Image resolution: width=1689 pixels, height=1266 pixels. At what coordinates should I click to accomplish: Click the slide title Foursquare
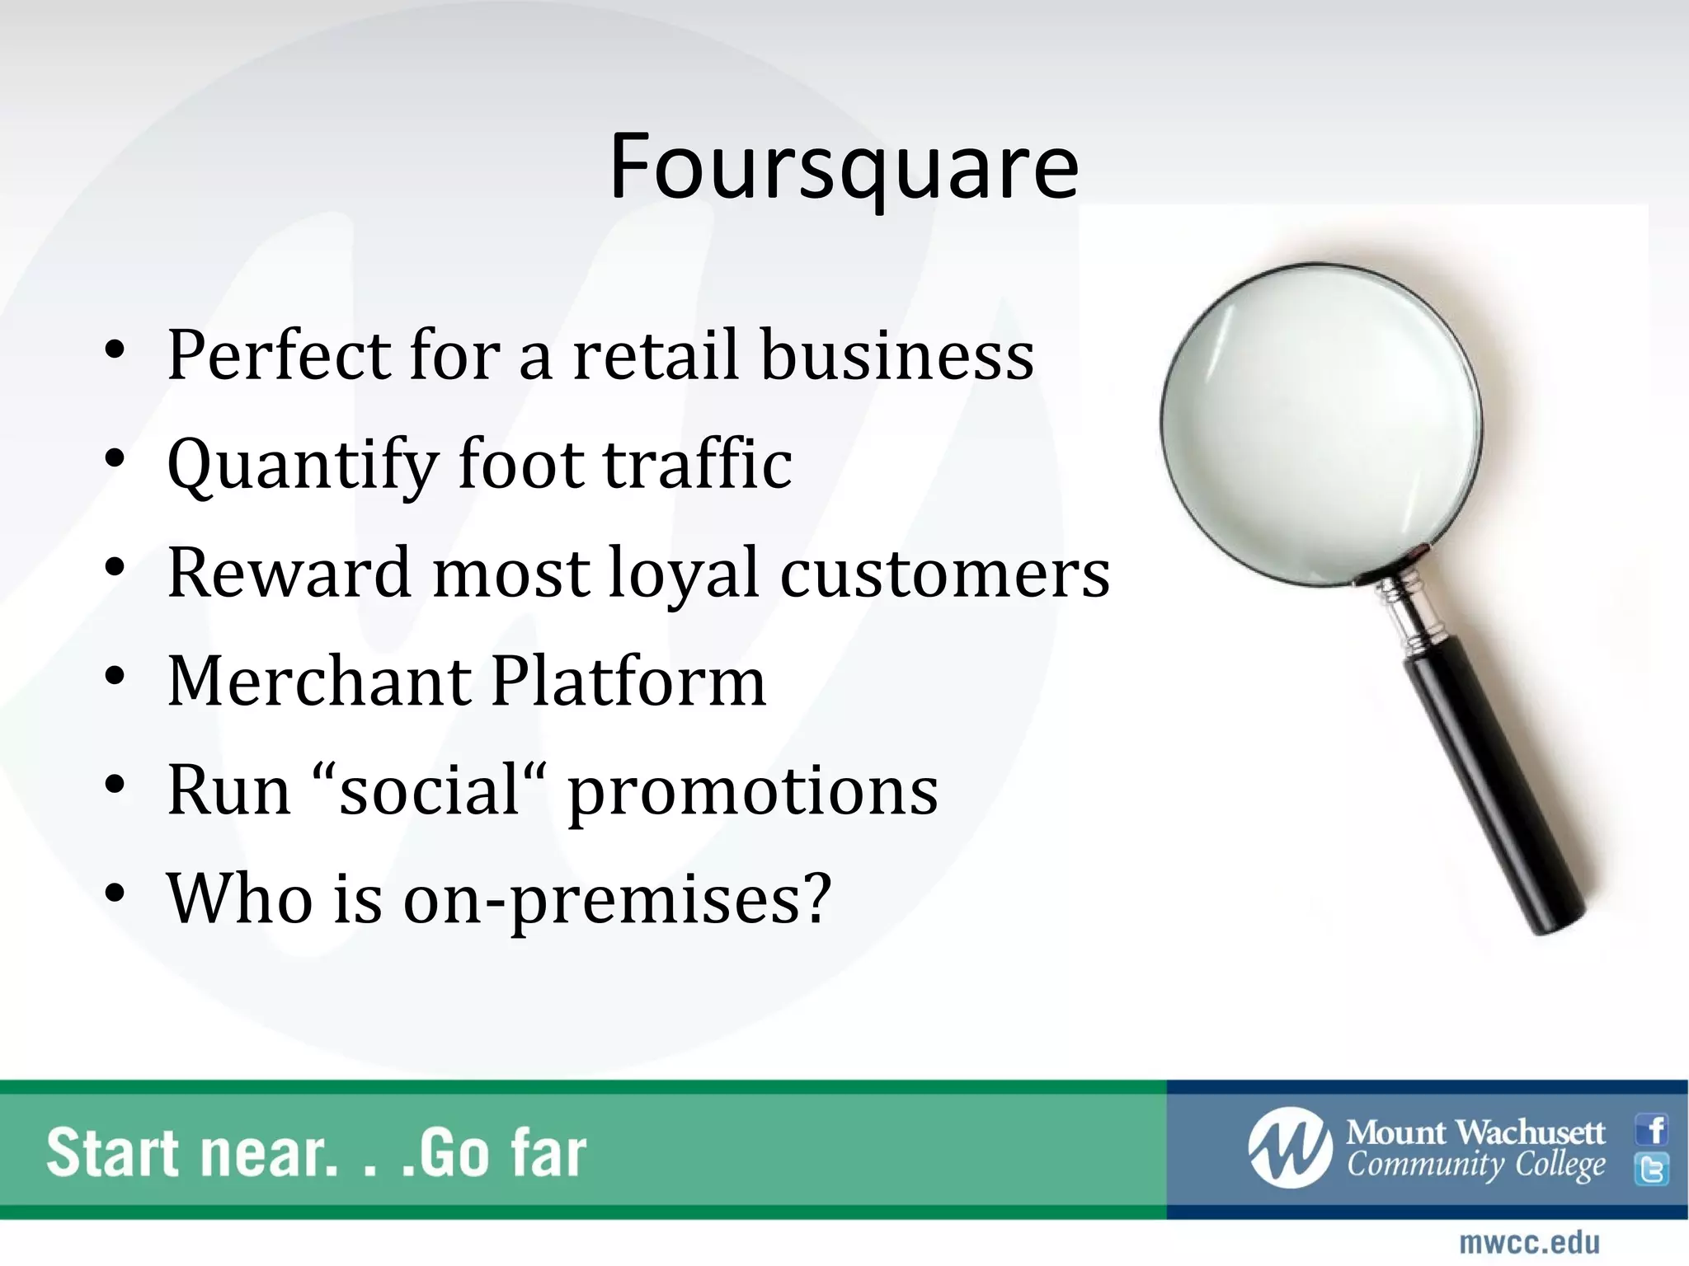pos(843,167)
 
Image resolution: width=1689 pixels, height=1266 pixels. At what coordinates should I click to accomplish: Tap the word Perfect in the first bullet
pos(279,355)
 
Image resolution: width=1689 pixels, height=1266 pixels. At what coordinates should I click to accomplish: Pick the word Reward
pos(289,573)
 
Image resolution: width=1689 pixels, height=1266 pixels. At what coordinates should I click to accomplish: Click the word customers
pos(945,574)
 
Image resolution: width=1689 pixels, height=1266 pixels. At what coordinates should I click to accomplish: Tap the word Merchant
pos(318,682)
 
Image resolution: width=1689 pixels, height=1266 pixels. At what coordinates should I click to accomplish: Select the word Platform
pos(628,682)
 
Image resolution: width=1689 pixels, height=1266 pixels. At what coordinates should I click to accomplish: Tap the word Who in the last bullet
pos(240,898)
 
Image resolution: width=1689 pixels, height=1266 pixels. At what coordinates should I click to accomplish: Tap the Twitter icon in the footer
pos(1652,1170)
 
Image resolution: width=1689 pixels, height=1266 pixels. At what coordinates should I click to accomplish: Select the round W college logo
pos(1289,1148)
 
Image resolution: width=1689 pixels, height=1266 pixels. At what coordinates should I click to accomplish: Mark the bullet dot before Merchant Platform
pos(115,677)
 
